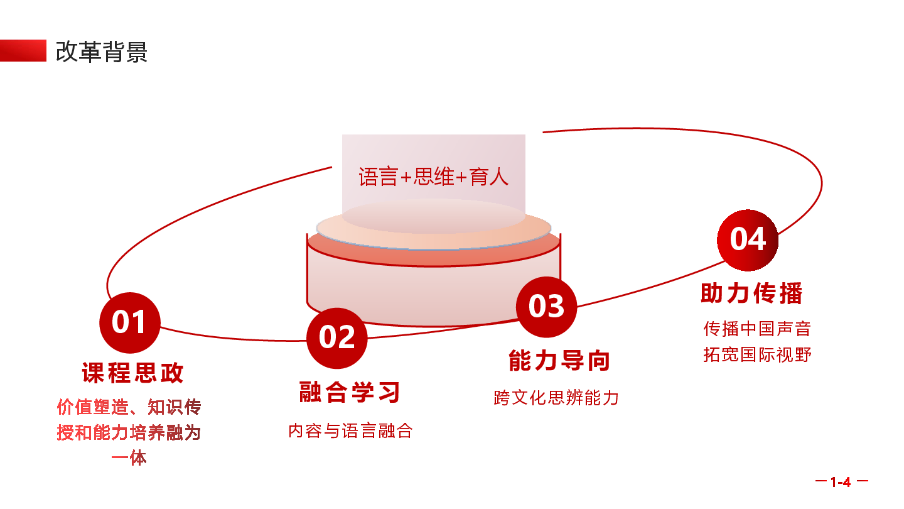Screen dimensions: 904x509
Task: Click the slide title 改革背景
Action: point(101,52)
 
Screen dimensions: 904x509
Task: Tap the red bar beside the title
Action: point(23,50)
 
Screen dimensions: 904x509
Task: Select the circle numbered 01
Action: point(129,322)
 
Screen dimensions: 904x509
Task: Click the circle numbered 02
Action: point(337,338)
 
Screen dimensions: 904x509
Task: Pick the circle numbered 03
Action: point(546,307)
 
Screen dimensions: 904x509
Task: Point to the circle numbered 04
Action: point(748,240)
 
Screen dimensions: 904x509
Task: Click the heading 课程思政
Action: point(133,373)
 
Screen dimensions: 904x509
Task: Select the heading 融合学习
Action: point(350,392)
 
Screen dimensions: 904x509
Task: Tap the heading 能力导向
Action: point(559,360)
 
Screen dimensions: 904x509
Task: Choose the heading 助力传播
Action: point(751,293)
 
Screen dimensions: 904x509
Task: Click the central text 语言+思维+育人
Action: point(433,177)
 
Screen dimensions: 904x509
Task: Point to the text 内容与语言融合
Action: point(350,430)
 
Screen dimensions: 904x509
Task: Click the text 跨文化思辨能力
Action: point(556,398)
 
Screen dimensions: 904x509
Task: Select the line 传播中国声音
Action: point(757,329)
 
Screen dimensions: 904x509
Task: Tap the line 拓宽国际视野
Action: point(757,354)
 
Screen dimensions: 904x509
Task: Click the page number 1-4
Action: point(841,481)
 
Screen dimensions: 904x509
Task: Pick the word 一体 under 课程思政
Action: point(129,458)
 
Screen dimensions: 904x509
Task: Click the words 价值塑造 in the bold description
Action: point(93,407)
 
